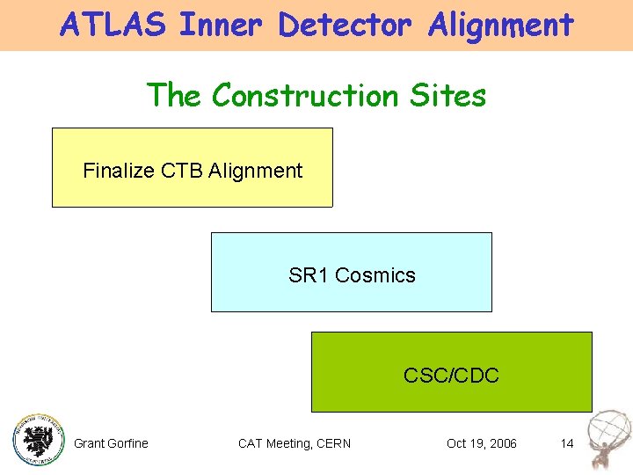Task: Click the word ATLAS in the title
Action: pos(113,25)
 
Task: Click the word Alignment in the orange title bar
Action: pos(501,25)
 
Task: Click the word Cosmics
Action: pos(375,275)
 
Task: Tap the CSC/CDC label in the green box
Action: pos(451,376)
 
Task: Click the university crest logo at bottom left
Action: pos(39,437)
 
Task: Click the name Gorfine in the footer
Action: pos(128,443)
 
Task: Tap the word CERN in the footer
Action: pos(332,443)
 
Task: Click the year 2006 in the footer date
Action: pos(501,443)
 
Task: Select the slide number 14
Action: pos(567,443)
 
